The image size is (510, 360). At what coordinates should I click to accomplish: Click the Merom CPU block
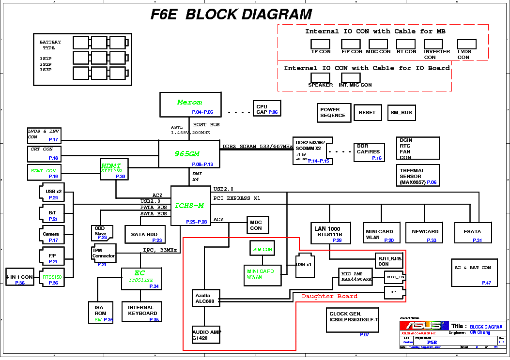[190, 105]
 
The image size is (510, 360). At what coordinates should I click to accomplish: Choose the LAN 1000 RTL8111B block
[327, 232]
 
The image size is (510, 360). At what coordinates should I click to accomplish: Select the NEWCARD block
[425, 232]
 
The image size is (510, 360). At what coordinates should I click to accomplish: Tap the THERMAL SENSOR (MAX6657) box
[418, 176]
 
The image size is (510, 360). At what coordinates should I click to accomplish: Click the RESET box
[368, 113]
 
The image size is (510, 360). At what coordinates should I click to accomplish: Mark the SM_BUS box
[401, 113]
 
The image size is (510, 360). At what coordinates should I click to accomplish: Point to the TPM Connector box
[104, 253]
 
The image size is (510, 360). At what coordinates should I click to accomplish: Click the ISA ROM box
[101, 312]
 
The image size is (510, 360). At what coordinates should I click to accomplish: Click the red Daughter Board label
[329, 296]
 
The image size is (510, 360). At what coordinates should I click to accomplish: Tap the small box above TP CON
[320, 44]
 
